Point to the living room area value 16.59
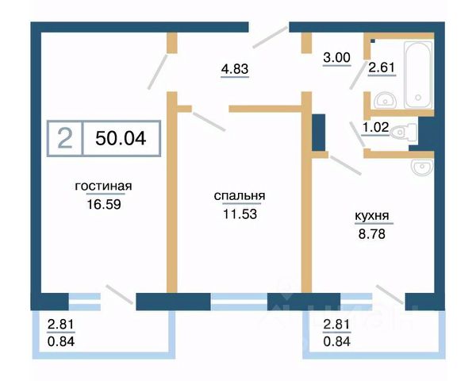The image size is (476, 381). click(x=103, y=203)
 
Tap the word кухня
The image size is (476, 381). click(x=371, y=214)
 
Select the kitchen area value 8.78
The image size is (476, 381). click(x=371, y=231)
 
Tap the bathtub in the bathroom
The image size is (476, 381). click(x=417, y=75)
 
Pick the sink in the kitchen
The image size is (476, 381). click(x=423, y=166)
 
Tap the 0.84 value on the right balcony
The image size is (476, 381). click(x=338, y=341)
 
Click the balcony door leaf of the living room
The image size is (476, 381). click(x=119, y=295)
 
